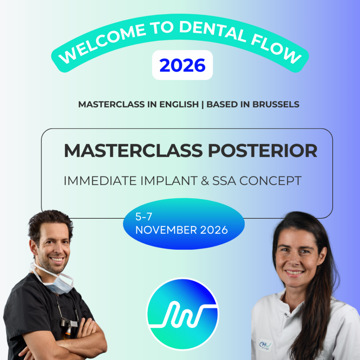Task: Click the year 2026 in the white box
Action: coord(182,65)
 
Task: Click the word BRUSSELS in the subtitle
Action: coord(276,104)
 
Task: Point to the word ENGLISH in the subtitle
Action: coord(179,104)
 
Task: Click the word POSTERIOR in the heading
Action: coord(263,151)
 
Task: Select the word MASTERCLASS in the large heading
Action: coord(133,151)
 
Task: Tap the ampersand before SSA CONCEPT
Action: coord(205,181)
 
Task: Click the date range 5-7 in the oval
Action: coord(144,217)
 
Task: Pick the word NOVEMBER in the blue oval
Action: coord(166,230)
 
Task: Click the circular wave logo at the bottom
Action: coord(182,314)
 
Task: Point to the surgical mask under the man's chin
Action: coord(57,282)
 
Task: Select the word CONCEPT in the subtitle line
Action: coord(270,181)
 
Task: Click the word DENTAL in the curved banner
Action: coord(212,31)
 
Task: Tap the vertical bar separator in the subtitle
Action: coord(202,105)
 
